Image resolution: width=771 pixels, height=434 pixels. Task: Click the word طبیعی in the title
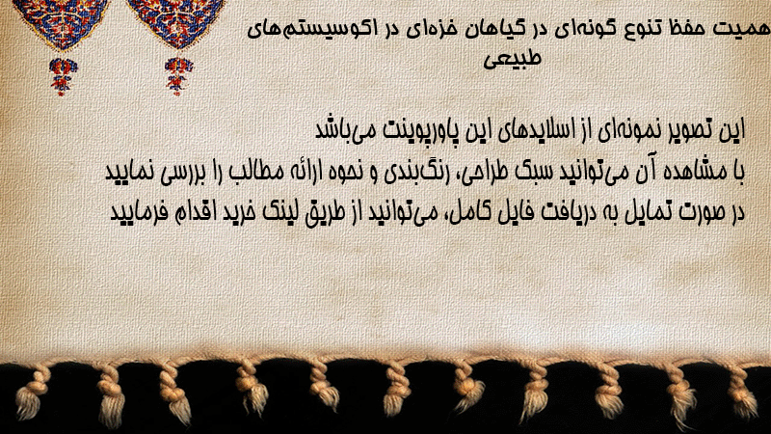point(512,59)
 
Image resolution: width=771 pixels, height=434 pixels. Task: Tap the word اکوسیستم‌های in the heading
point(314,29)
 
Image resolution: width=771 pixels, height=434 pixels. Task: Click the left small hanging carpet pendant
point(63,76)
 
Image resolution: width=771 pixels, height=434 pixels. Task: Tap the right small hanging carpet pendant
point(178,76)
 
